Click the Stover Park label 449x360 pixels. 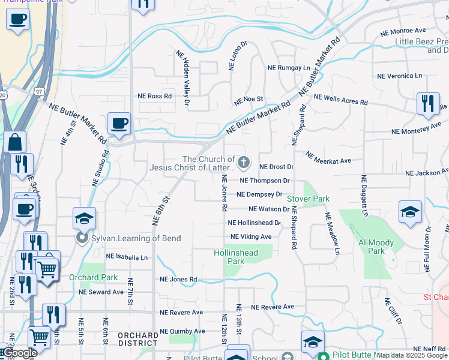point(309,199)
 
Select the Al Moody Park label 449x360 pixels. point(376,247)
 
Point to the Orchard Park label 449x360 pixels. point(94,277)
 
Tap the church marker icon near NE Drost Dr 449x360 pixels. point(244,162)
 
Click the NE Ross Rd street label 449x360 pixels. point(155,96)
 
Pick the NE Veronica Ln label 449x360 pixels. point(399,76)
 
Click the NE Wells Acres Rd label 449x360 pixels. point(340,99)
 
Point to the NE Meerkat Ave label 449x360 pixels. point(328,157)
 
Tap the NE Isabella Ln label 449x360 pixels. point(127,257)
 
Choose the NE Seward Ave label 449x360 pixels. point(101,292)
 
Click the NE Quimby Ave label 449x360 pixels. point(182,331)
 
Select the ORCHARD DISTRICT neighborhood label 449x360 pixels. point(137,339)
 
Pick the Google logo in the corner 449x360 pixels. point(20,353)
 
